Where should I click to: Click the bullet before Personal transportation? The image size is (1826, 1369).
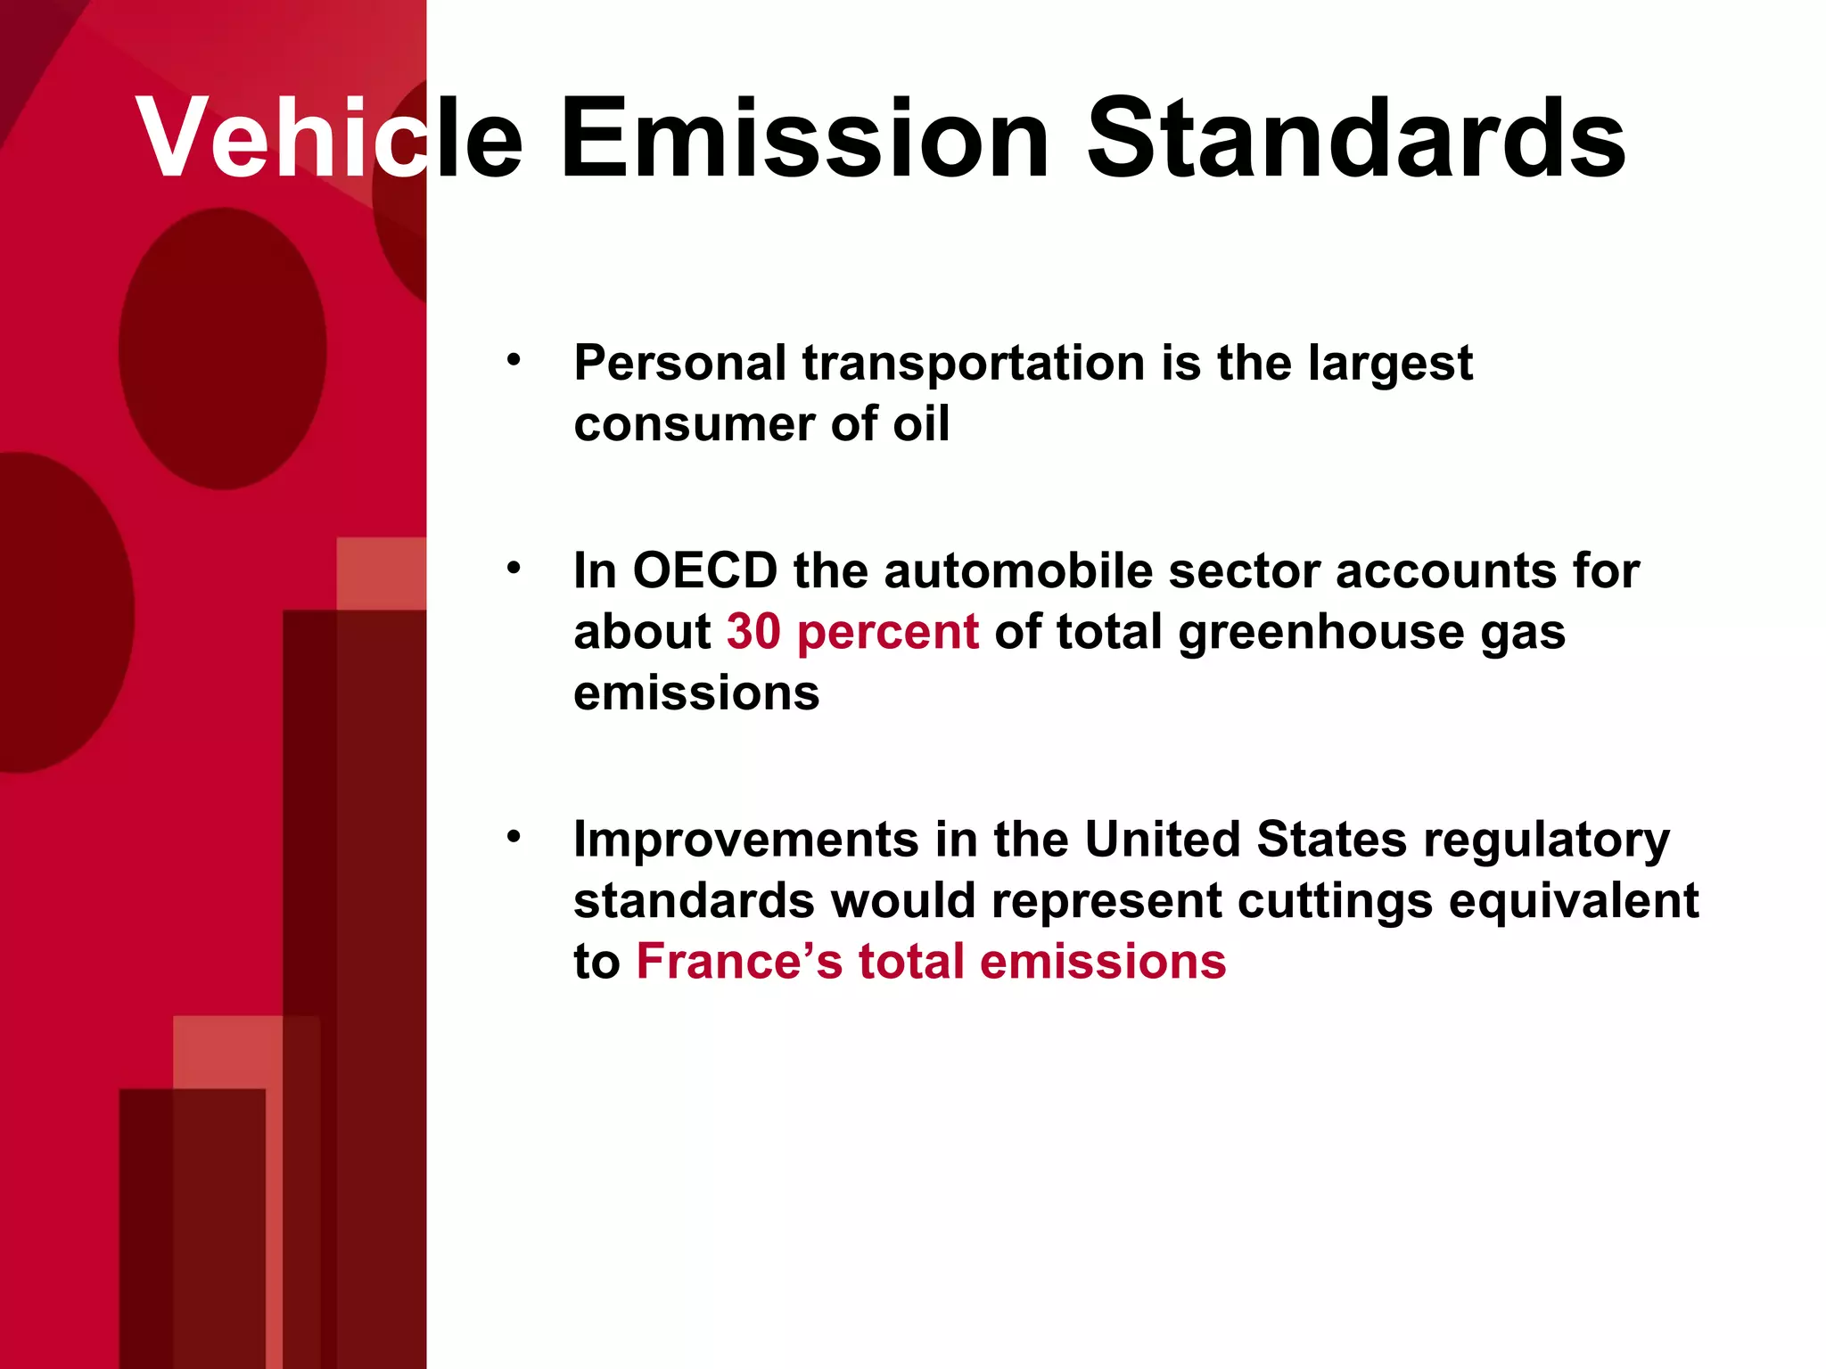513,361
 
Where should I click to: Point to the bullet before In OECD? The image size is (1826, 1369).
513,568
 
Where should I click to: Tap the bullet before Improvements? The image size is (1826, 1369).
513,837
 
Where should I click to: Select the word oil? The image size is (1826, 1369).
921,423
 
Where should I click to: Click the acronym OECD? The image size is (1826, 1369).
704,570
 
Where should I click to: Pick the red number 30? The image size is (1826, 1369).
753,632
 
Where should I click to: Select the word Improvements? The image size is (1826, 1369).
745,840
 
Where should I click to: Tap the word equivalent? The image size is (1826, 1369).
1573,902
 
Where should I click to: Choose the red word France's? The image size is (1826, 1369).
738,962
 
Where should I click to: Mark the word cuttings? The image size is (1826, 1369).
1335,902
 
